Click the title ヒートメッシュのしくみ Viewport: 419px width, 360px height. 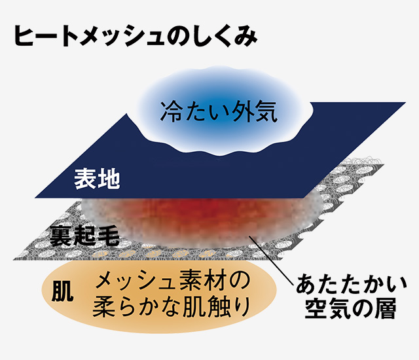click(136, 37)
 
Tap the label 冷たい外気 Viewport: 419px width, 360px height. click(219, 112)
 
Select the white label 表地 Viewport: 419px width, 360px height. click(97, 179)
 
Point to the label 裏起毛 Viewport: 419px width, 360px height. click(84, 236)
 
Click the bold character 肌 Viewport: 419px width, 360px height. click(62, 291)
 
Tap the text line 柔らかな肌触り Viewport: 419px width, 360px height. click(172, 307)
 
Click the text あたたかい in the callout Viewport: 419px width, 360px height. click(351, 285)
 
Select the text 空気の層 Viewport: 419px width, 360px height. click(350, 309)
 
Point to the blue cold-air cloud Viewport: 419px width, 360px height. click(224, 111)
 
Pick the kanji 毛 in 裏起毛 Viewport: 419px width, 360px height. click(109, 236)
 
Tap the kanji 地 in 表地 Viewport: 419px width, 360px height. click(109, 179)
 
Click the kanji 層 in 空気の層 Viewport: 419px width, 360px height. click(385, 309)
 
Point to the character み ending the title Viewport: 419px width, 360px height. click(246, 37)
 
